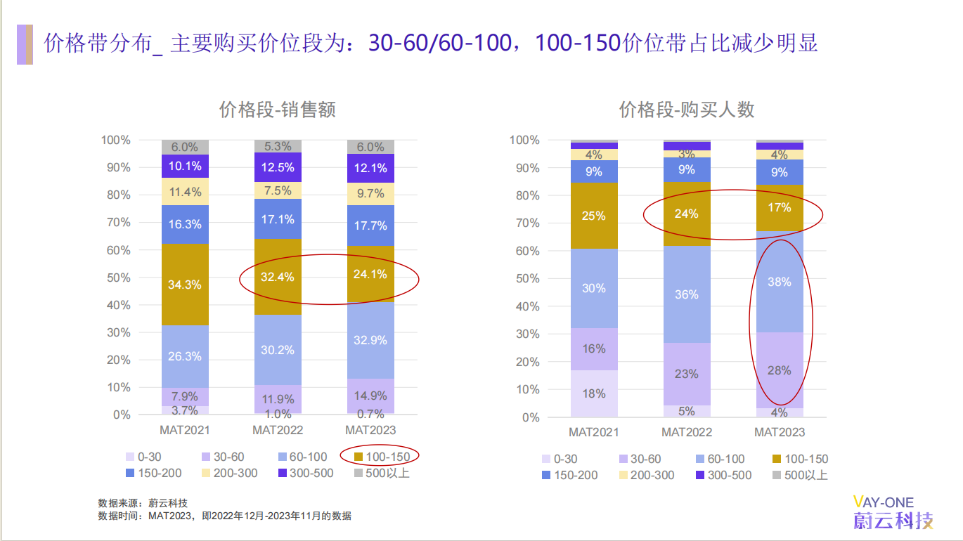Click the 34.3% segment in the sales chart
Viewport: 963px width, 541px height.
(185, 285)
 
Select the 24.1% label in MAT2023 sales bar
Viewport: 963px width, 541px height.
(370, 274)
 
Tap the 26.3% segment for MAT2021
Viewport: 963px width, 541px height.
(185, 356)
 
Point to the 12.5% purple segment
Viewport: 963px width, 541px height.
(278, 167)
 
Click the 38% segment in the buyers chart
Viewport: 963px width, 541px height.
(780, 282)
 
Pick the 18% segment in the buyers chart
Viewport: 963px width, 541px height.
(594, 393)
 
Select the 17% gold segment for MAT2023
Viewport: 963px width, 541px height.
(780, 208)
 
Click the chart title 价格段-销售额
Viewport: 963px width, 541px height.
(278, 110)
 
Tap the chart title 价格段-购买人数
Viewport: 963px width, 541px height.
(687, 110)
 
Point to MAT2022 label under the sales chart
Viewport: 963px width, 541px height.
(278, 430)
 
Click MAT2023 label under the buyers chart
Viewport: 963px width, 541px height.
(780, 432)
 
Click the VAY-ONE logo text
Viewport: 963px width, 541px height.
(884, 502)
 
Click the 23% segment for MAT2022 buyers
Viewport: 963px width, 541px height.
(687, 374)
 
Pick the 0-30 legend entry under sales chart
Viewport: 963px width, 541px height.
(143, 457)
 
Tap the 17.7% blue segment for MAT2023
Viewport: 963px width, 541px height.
(370, 226)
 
